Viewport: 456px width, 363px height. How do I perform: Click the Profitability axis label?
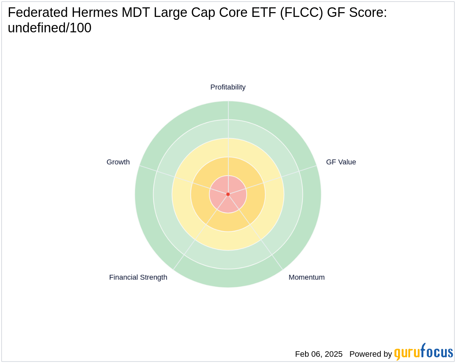[228, 87]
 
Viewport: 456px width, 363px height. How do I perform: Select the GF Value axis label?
[341, 162]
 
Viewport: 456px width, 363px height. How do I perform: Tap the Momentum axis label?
[307, 277]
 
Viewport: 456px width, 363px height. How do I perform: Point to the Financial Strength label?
[138, 277]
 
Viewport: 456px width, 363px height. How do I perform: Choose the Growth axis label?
[118, 162]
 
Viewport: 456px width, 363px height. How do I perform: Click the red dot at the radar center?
[228, 194]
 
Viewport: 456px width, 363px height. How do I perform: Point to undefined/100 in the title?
[50, 28]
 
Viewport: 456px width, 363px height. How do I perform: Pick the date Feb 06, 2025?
[319, 354]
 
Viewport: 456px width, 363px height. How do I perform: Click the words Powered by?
[370, 354]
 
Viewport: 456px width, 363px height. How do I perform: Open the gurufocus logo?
[423, 352]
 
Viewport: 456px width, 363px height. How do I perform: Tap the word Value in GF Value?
[347, 162]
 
